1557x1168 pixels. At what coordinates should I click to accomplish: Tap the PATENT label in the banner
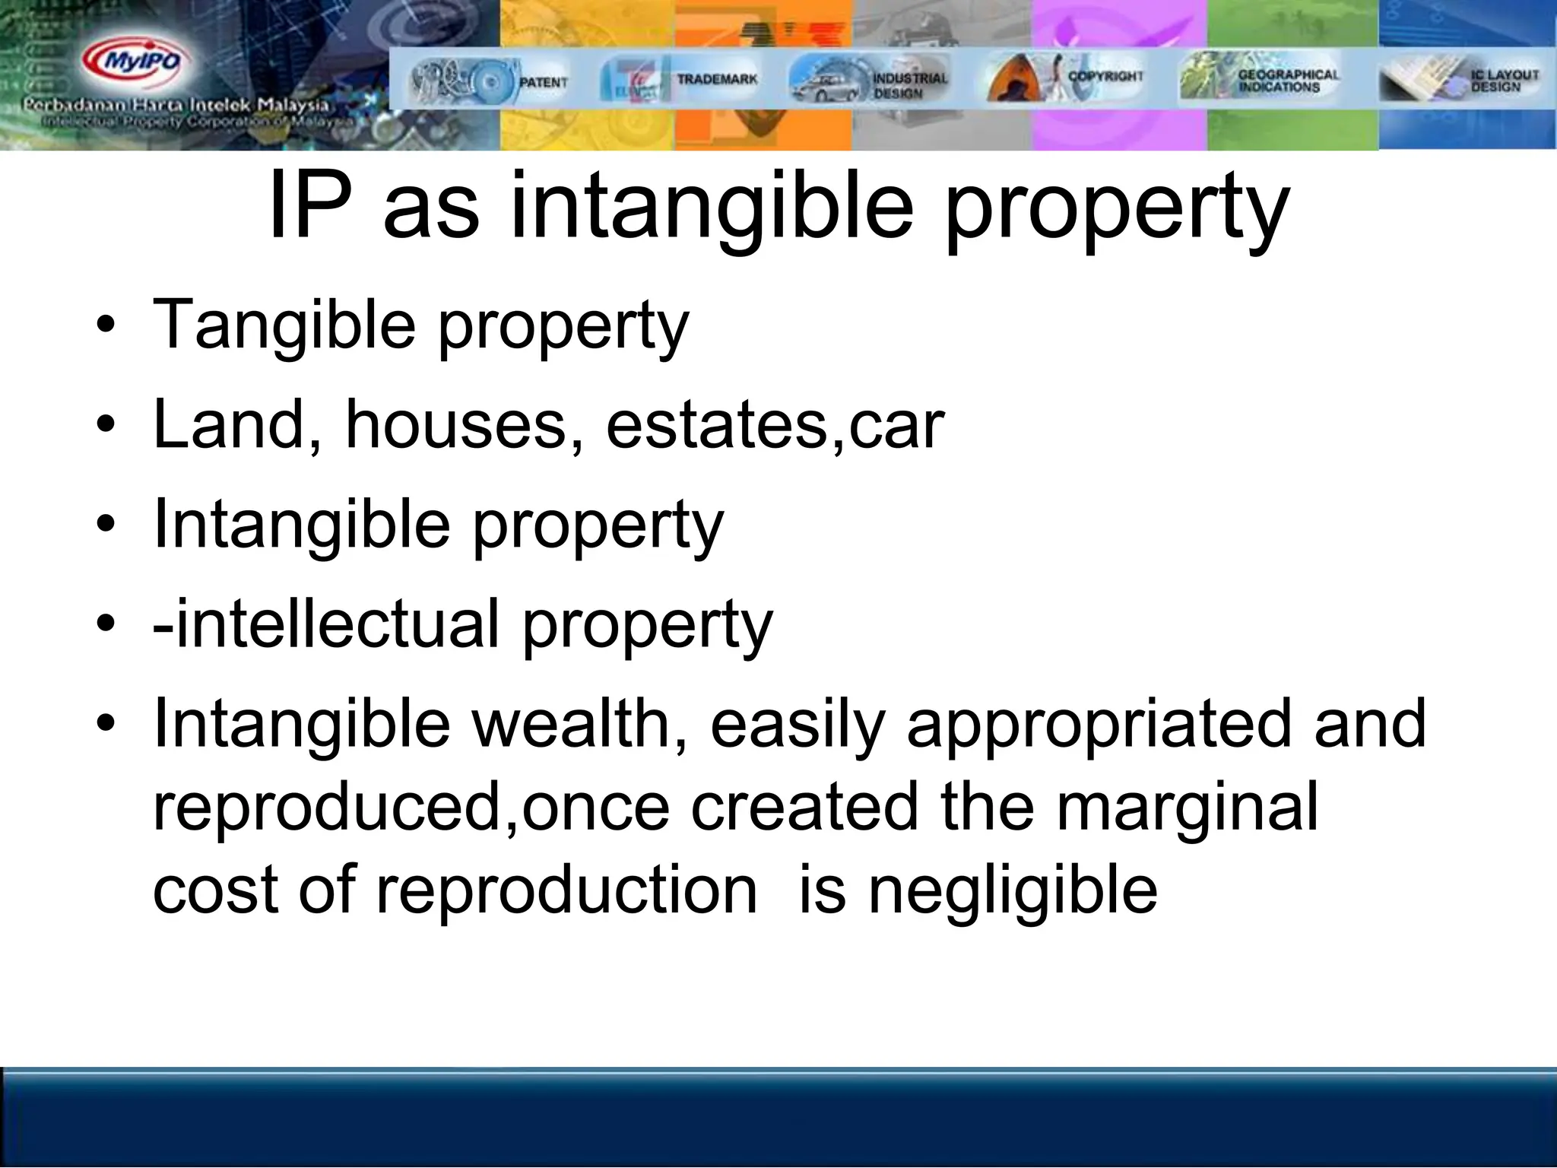coord(543,81)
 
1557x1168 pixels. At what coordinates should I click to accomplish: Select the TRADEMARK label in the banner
coord(717,79)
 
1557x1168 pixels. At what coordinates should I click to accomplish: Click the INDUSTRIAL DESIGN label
coord(910,85)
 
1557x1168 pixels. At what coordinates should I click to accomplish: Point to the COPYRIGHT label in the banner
coord(1105,76)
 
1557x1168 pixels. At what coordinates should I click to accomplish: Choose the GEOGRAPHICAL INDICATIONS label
coord(1289,81)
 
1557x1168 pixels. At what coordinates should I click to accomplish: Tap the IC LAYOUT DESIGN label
coord(1505,81)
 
